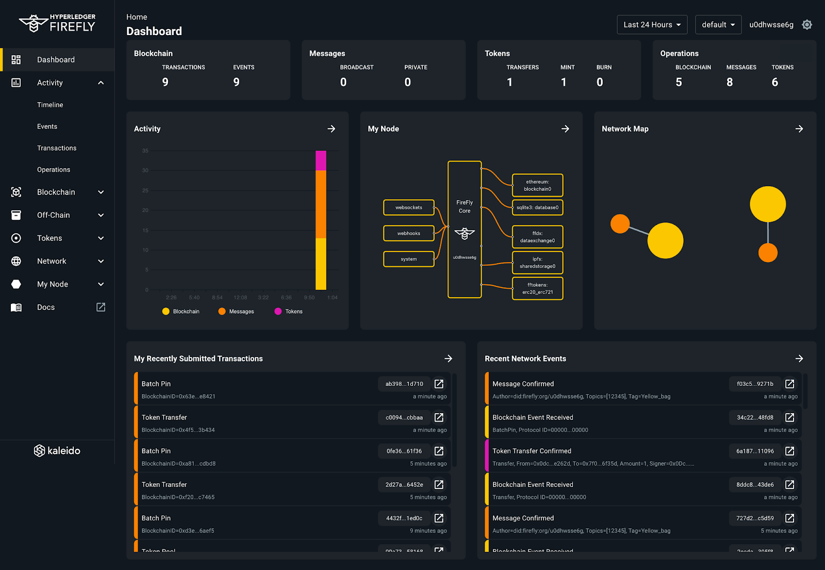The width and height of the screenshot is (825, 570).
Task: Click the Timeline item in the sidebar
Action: tap(50, 105)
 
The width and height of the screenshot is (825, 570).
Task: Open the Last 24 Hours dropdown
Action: tap(652, 25)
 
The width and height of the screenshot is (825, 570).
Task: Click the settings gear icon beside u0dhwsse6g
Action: tap(807, 25)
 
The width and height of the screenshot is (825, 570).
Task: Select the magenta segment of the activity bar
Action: tap(321, 160)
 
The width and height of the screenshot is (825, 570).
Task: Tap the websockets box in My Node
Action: tap(409, 207)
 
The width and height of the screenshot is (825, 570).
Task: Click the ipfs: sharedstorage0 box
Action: tap(537, 263)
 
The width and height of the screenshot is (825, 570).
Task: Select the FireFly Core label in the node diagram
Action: tap(465, 206)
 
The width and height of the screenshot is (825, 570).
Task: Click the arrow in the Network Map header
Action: tap(799, 129)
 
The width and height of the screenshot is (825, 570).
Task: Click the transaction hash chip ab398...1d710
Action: tap(404, 384)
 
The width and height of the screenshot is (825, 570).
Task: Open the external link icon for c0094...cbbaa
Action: tap(439, 417)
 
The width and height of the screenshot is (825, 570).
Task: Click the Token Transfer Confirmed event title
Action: tap(532, 451)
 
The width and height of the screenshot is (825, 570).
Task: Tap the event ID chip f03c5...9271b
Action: tap(755, 384)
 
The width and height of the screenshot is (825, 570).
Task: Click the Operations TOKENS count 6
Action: tap(774, 82)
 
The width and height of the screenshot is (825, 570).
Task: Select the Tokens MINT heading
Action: tap(567, 68)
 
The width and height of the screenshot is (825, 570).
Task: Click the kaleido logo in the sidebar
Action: tap(57, 450)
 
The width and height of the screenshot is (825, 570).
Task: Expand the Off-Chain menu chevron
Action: tap(101, 215)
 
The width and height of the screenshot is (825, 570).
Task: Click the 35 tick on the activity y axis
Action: tap(145, 151)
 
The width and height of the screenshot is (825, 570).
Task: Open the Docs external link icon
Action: tap(101, 307)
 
